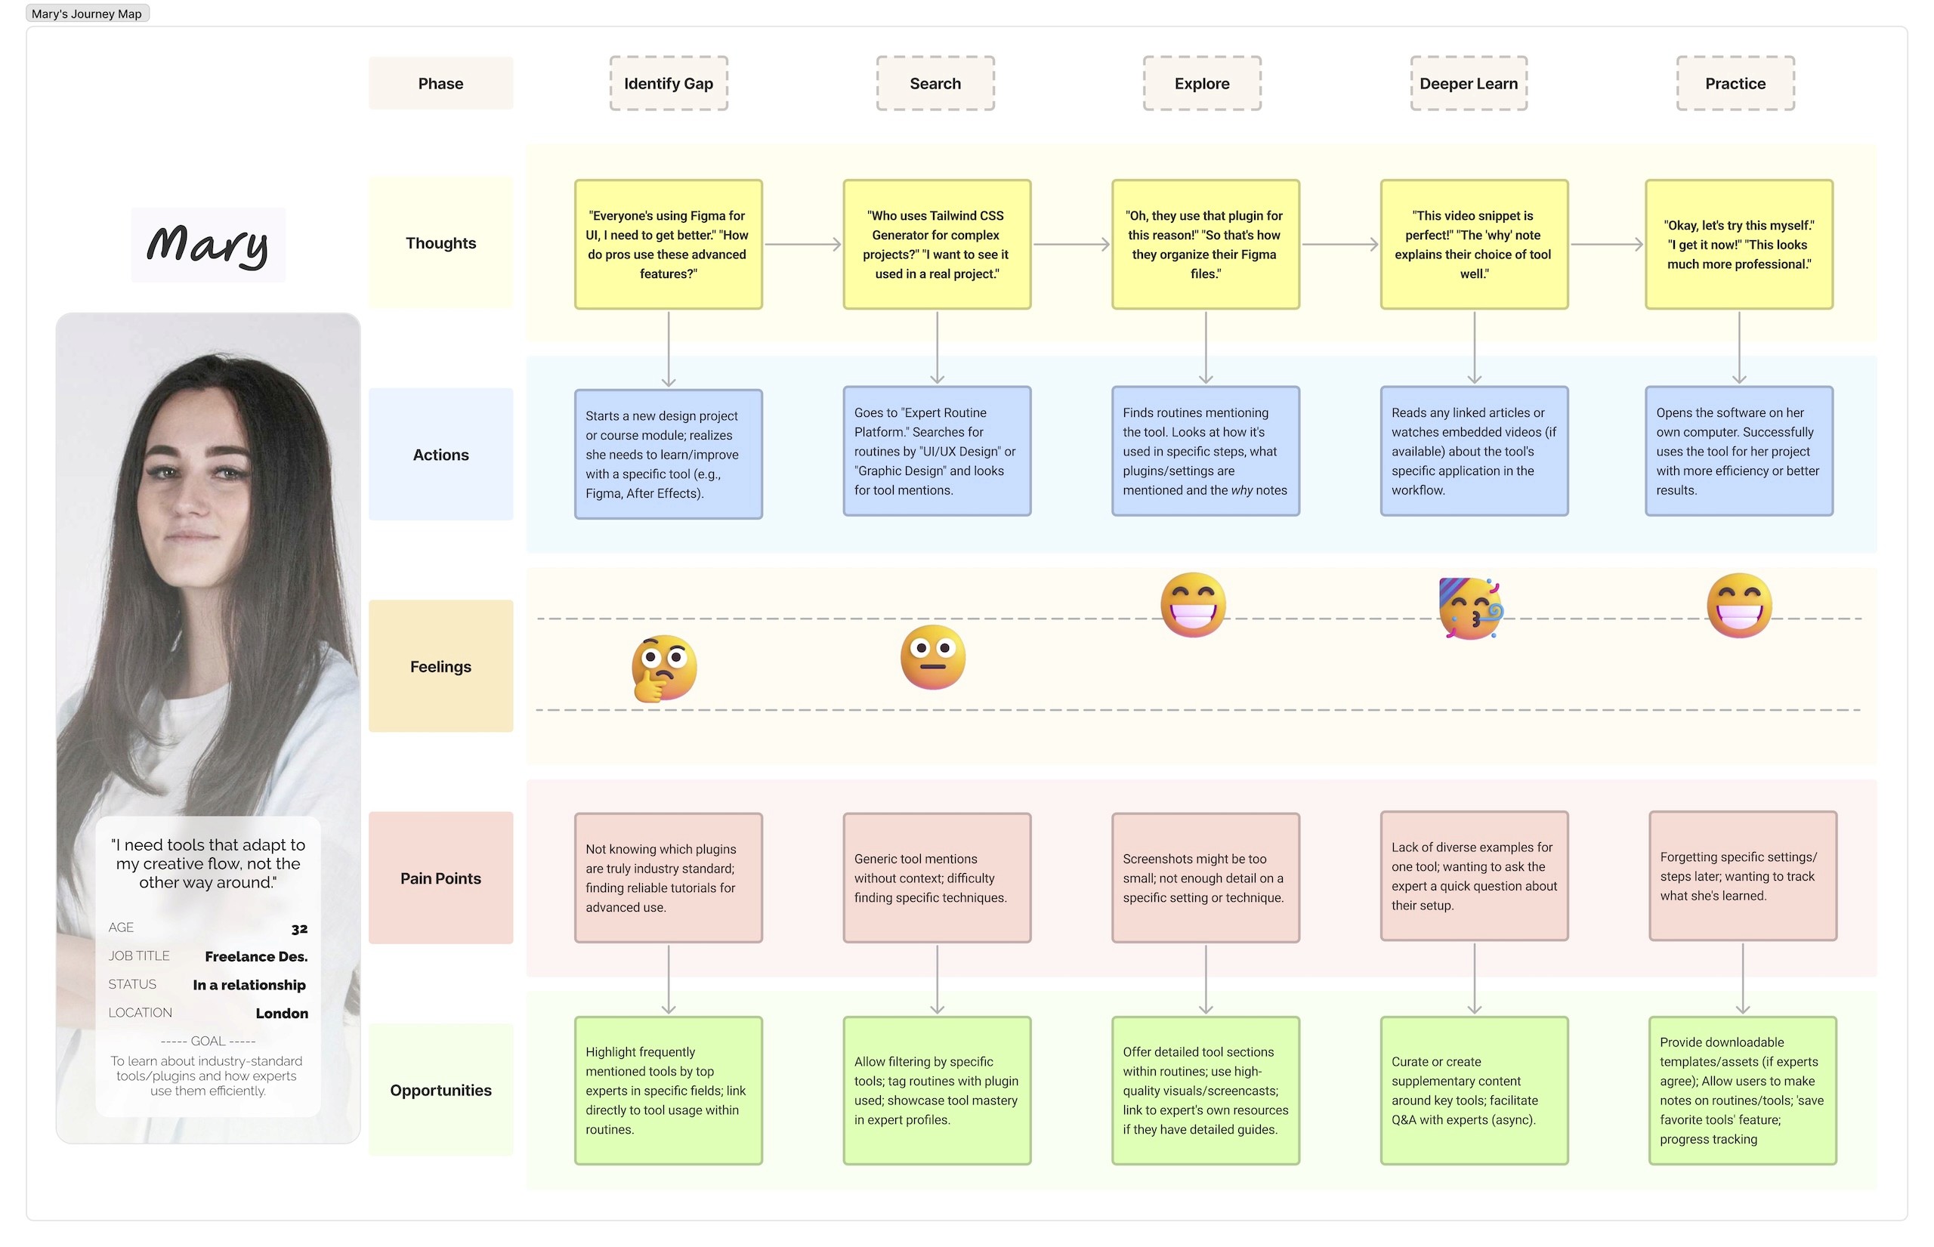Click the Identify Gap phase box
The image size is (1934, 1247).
coord(668,83)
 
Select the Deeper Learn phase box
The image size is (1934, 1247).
coord(1468,83)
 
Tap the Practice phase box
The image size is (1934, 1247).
coord(1735,83)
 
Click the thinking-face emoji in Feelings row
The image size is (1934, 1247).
coord(664,668)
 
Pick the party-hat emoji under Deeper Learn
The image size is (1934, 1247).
coord(1470,608)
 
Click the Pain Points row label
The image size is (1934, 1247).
coord(440,878)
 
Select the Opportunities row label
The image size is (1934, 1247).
coord(440,1090)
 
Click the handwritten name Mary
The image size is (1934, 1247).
coord(209,245)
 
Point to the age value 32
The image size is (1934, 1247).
coord(299,929)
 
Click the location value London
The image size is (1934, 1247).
coord(281,1013)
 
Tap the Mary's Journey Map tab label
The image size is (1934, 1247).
coord(87,14)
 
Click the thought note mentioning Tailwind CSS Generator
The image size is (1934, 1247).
coord(936,245)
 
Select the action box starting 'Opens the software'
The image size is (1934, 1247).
coord(1738,451)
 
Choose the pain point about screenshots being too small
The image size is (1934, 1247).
coord(1204,878)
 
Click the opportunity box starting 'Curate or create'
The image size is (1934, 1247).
coord(1473,1090)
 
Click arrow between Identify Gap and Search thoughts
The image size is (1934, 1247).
coord(802,244)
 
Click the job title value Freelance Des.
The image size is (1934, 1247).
coord(256,956)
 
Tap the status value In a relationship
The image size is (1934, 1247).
coord(249,985)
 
